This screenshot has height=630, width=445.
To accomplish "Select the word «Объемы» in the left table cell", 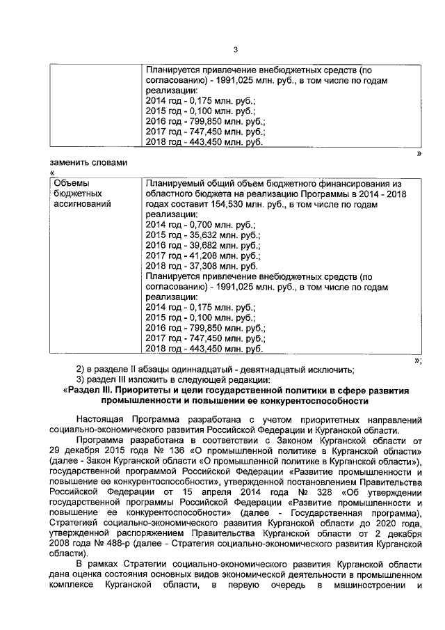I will [71, 184].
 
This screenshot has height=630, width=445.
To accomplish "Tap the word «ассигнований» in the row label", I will [83, 206].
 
